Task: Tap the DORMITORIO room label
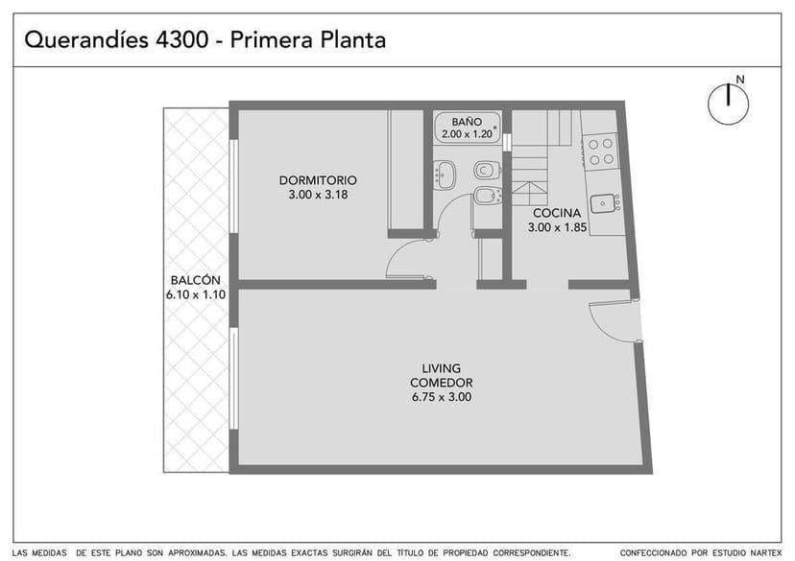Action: [318, 180]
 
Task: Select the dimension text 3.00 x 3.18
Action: [318, 195]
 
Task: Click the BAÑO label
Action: [467, 123]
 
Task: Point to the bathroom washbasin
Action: [446, 175]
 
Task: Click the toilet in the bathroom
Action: [486, 171]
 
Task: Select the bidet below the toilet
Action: [485, 197]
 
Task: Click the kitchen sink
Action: [603, 202]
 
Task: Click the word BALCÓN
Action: [195, 280]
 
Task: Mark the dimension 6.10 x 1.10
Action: [195, 294]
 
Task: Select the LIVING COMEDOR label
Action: [442, 375]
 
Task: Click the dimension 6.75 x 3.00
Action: [442, 397]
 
